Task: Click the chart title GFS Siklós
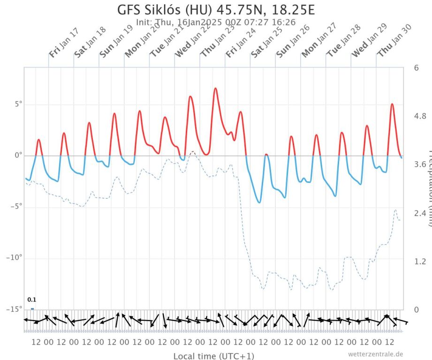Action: pyautogui.click(x=215, y=10)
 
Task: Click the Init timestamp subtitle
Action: pyautogui.click(x=215, y=22)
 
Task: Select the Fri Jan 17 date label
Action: pyautogui.click(x=64, y=43)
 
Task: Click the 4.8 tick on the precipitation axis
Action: pyautogui.click(x=420, y=116)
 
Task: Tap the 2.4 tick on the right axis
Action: pyautogui.click(x=420, y=213)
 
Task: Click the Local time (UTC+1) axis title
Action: pyautogui.click(x=214, y=356)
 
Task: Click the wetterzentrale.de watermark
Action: pyautogui.click(x=375, y=354)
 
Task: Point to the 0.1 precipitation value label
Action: pyautogui.click(x=32, y=300)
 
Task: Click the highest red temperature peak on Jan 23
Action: pyautogui.click(x=215, y=88)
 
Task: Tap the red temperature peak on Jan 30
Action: pyautogui.click(x=392, y=104)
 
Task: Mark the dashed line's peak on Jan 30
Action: pyautogui.click(x=395, y=210)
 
